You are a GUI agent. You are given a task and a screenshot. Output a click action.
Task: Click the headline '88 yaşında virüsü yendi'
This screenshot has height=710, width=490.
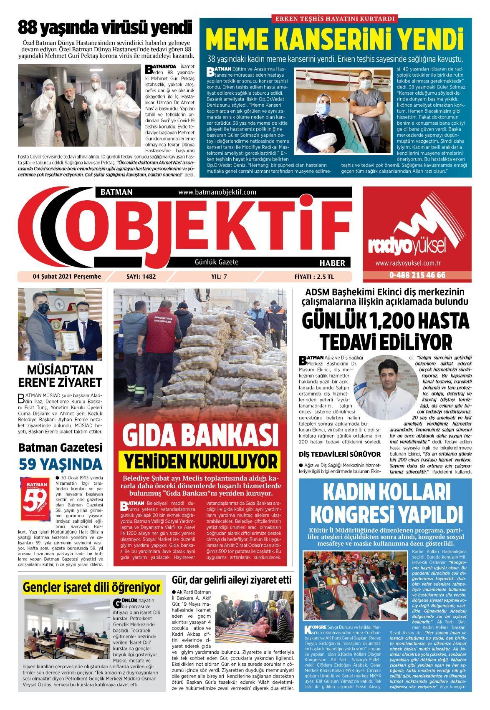pos(105,28)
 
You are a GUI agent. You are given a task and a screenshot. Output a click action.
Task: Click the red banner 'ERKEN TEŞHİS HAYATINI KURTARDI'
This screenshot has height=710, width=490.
pos(335,18)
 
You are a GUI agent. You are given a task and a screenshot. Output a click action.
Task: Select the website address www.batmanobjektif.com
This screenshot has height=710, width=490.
pos(217,192)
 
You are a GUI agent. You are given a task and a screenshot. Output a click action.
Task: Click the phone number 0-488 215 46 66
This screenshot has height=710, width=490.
pos(417,275)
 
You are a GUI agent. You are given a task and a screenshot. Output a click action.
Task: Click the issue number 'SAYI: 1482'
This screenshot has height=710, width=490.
pos(141,276)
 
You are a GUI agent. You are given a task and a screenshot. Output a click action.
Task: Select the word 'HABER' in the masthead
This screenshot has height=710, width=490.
pos(332,263)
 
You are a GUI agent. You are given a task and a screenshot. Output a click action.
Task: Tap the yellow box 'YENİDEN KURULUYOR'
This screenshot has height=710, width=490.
pos(200,461)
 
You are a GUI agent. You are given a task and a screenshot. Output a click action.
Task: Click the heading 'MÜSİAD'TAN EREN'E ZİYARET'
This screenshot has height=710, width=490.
pos(60,376)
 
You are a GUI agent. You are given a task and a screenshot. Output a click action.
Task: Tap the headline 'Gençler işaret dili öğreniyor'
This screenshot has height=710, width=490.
pos(92,587)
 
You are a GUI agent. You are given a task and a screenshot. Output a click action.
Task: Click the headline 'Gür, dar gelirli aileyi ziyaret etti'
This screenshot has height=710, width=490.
pos(232,580)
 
